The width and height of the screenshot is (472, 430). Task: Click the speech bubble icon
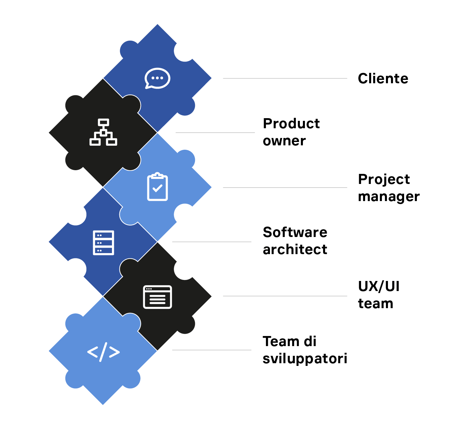pos(157,78)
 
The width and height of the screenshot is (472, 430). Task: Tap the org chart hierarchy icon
pos(103,132)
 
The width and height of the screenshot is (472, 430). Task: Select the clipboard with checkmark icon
pos(157,187)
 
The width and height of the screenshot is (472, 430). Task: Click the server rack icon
pos(103,242)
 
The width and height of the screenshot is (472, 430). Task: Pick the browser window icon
pos(157,297)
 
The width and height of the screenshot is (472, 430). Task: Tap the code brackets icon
pos(103,352)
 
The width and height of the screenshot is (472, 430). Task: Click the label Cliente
pos(383,79)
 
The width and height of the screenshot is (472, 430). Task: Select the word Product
pos(291,124)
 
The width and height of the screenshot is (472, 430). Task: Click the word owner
pos(284,141)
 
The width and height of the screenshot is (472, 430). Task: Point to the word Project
pos(384,179)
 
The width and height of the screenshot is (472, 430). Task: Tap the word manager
pos(389,197)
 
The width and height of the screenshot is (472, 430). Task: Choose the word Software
pos(295,232)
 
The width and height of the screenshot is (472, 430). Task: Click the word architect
pos(295,250)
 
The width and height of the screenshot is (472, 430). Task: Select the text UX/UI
pos(379,286)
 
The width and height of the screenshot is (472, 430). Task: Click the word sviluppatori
pos(305,359)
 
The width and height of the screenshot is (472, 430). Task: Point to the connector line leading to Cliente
pos(285,79)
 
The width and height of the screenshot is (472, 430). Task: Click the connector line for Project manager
pos(285,188)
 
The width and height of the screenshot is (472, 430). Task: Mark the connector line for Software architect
pos(211,242)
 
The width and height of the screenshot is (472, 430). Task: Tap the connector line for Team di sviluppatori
pos(211,350)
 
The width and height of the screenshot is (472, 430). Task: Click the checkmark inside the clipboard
pos(157,188)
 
